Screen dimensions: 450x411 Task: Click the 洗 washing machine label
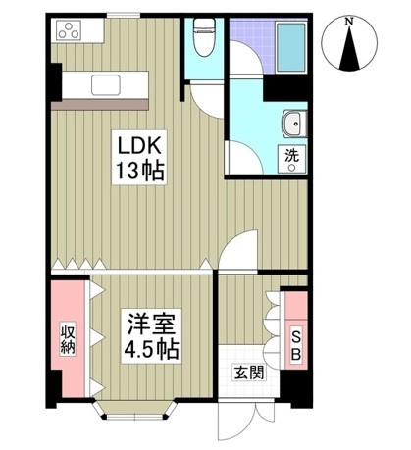(291, 154)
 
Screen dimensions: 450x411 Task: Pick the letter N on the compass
(349, 21)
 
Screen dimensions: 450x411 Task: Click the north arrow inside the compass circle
(349, 49)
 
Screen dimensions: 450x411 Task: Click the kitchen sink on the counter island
(106, 84)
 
